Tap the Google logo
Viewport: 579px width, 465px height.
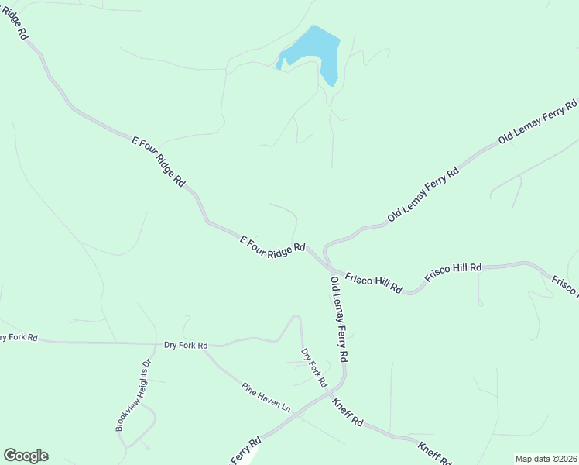click(x=26, y=456)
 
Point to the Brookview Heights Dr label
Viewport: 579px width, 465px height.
click(x=132, y=395)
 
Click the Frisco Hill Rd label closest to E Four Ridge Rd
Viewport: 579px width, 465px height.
click(x=373, y=282)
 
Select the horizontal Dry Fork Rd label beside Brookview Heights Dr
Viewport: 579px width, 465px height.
click(x=186, y=345)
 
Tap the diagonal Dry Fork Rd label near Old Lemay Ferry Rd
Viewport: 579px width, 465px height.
click(x=313, y=368)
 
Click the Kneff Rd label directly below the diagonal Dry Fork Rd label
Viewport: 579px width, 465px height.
click(x=348, y=412)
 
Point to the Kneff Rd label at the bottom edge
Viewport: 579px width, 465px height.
click(x=433, y=453)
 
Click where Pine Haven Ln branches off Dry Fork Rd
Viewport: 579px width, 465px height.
click(x=206, y=351)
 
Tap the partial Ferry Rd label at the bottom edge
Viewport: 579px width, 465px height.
click(x=247, y=453)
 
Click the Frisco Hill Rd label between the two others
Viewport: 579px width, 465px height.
click(x=453, y=273)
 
